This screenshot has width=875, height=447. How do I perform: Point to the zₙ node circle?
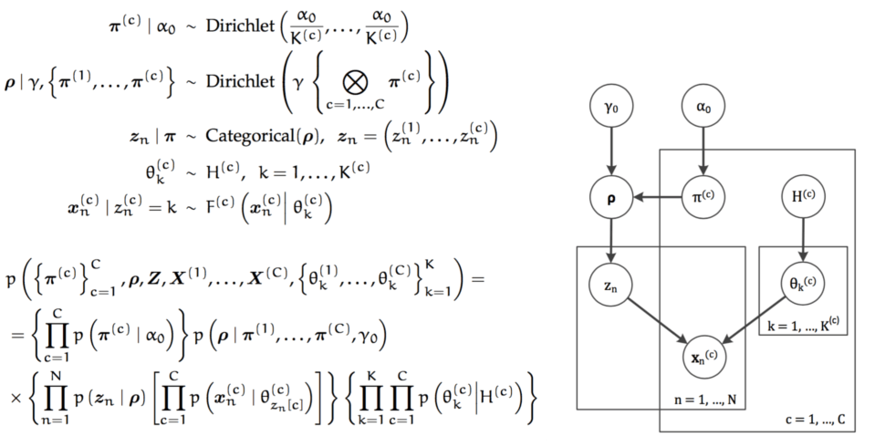click(x=612, y=286)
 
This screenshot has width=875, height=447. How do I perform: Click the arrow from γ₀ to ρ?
click(x=612, y=153)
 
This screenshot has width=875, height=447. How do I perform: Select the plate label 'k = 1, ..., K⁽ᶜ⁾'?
click(x=804, y=348)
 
